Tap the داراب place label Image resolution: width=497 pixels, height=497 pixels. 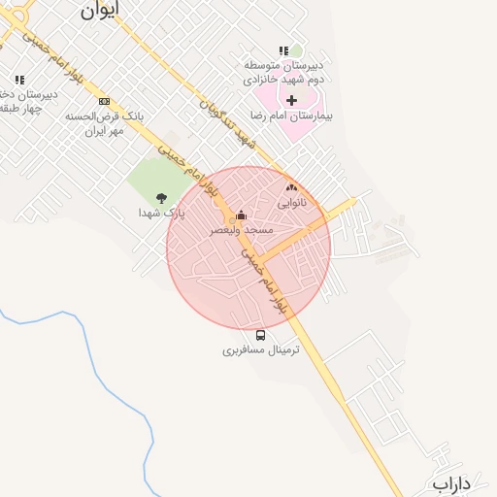coord(451,482)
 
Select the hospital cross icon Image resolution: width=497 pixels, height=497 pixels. coord(291,100)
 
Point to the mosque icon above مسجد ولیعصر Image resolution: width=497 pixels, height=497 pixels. coord(241,215)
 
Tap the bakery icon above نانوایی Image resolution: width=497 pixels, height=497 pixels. coord(291,187)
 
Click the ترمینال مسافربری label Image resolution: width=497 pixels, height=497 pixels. coord(261,349)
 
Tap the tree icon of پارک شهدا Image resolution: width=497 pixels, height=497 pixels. coord(161,198)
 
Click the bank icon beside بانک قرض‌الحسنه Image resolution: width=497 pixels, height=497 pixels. coord(105,101)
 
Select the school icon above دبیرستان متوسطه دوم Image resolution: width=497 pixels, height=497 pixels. coord(283,50)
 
